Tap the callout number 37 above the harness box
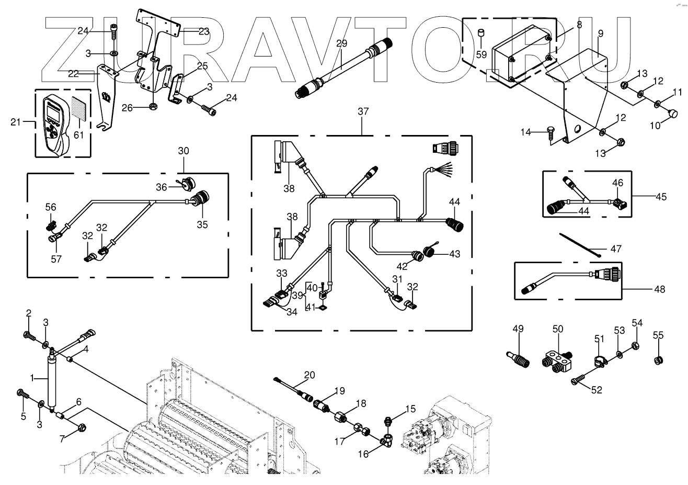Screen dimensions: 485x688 (363, 111)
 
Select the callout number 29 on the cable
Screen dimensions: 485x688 (341, 44)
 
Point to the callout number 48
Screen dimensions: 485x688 (659, 289)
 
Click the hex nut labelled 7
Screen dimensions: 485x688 (82, 427)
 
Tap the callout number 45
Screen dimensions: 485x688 (661, 197)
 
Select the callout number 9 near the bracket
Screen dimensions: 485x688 (600, 33)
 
